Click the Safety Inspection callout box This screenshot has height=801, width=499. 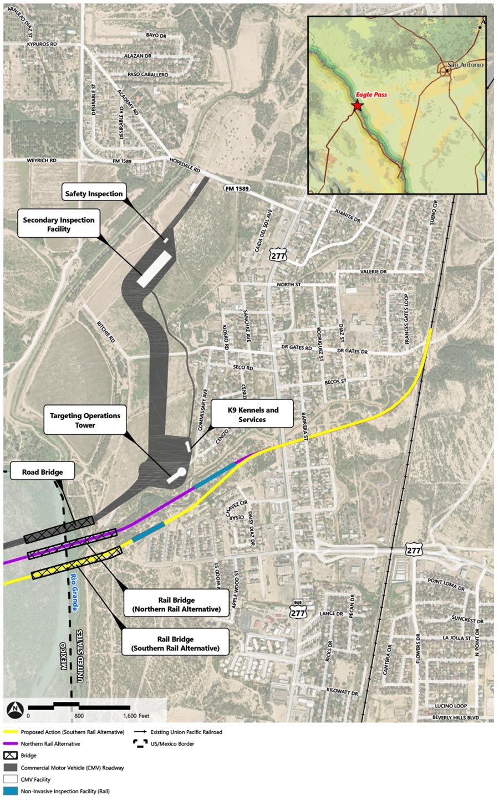(x=94, y=193)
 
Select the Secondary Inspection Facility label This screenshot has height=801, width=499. (x=59, y=224)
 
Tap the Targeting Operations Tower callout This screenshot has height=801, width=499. (x=85, y=420)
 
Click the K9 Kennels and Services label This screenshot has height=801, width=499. (x=253, y=415)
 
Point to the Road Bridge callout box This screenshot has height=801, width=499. (x=42, y=472)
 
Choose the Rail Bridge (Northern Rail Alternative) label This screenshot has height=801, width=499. (x=176, y=604)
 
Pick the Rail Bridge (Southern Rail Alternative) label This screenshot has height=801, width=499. (x=175, y=643)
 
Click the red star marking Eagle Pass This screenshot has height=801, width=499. (x=357, y=105)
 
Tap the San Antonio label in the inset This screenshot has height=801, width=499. (x=465, y=65)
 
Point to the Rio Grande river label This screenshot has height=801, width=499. (x=74, y=592)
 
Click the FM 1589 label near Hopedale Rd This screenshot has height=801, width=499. (x=237, y=188)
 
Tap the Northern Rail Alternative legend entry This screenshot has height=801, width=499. (x=50, y=744)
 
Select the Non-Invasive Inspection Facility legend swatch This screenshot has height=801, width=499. (x=11, y=791)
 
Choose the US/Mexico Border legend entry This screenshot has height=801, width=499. (x=172, y=744)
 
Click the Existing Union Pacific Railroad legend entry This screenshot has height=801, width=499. (x=186, y=732)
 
